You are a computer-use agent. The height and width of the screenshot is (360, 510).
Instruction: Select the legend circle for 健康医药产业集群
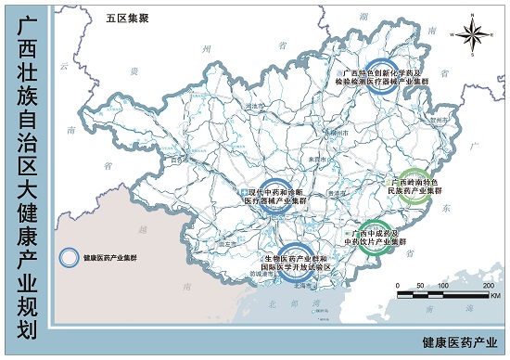(x=70, y=258)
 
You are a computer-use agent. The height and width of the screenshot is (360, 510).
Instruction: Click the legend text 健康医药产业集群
(x=110, y=258)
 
